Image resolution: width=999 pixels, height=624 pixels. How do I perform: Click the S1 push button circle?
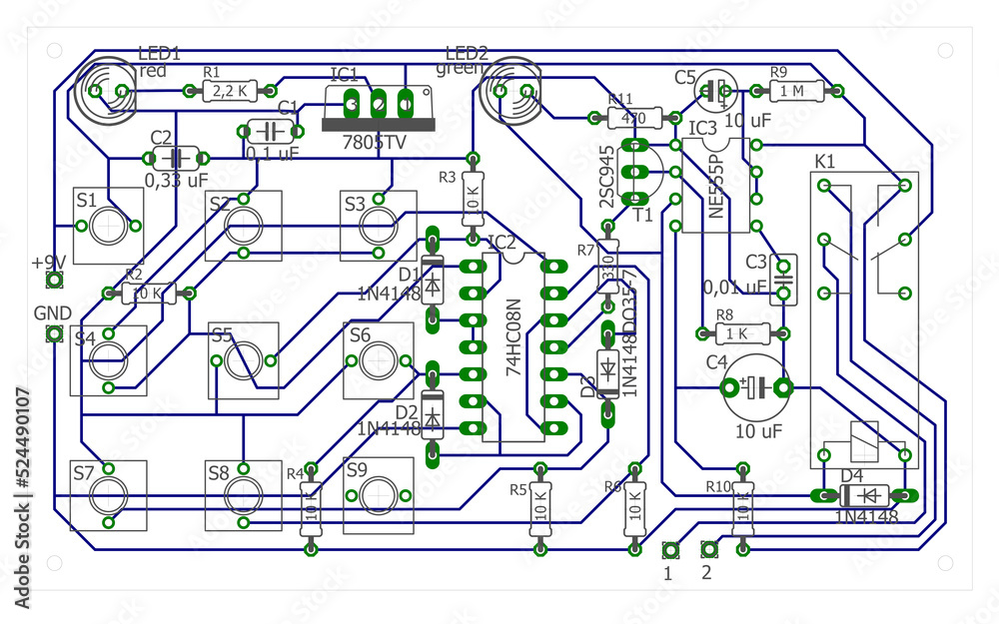pos(109,225)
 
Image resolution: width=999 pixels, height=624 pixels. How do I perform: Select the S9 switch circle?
pos(379,493)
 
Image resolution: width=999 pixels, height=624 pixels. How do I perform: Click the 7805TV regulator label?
pos(374,143)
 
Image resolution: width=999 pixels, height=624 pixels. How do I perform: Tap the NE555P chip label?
pos(713,186)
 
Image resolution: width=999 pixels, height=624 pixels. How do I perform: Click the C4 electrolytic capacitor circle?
pos(757,387)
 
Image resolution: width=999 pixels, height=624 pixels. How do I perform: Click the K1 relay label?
pos(825,161)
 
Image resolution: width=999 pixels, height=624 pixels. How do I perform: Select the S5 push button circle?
pos(243,360)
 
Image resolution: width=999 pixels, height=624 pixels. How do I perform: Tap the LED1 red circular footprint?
pos(105,92)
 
